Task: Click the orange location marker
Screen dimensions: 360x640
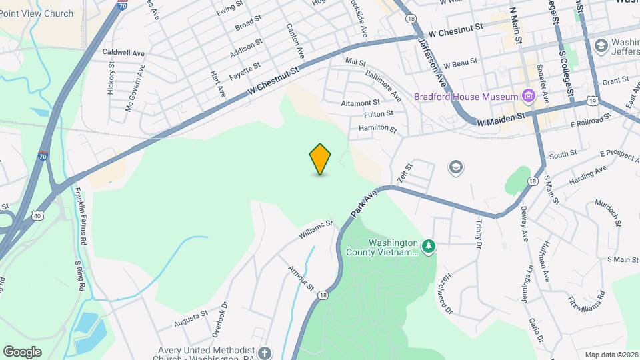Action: pyautogui.click(x=321, y=159)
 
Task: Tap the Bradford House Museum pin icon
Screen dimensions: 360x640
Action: pyautogui.click(x=529, y=97)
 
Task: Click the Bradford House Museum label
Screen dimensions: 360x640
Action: pyautogui.click(x=467, y=97)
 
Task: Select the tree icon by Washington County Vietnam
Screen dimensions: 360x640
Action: pyautogui.click(x=429, y=247)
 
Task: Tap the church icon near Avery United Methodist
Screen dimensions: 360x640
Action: pyautogui.click(x=265, y=353)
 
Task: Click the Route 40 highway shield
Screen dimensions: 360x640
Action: pyautogui.click(x=37, y=215)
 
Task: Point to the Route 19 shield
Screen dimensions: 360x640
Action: pyautogui.click(x=593, y=101)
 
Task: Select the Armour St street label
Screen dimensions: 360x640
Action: pyautogui.click(x=300, y=278)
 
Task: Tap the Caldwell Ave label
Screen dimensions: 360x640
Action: pyautogui.click(x=123, y=53)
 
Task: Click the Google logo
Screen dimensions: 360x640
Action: pyautogui.click(x=22, y=352)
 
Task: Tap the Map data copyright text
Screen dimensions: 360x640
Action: pyautogui.click(x=611, y=355)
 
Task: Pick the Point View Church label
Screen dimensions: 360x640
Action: pyautogui.click(x=37, y=13)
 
